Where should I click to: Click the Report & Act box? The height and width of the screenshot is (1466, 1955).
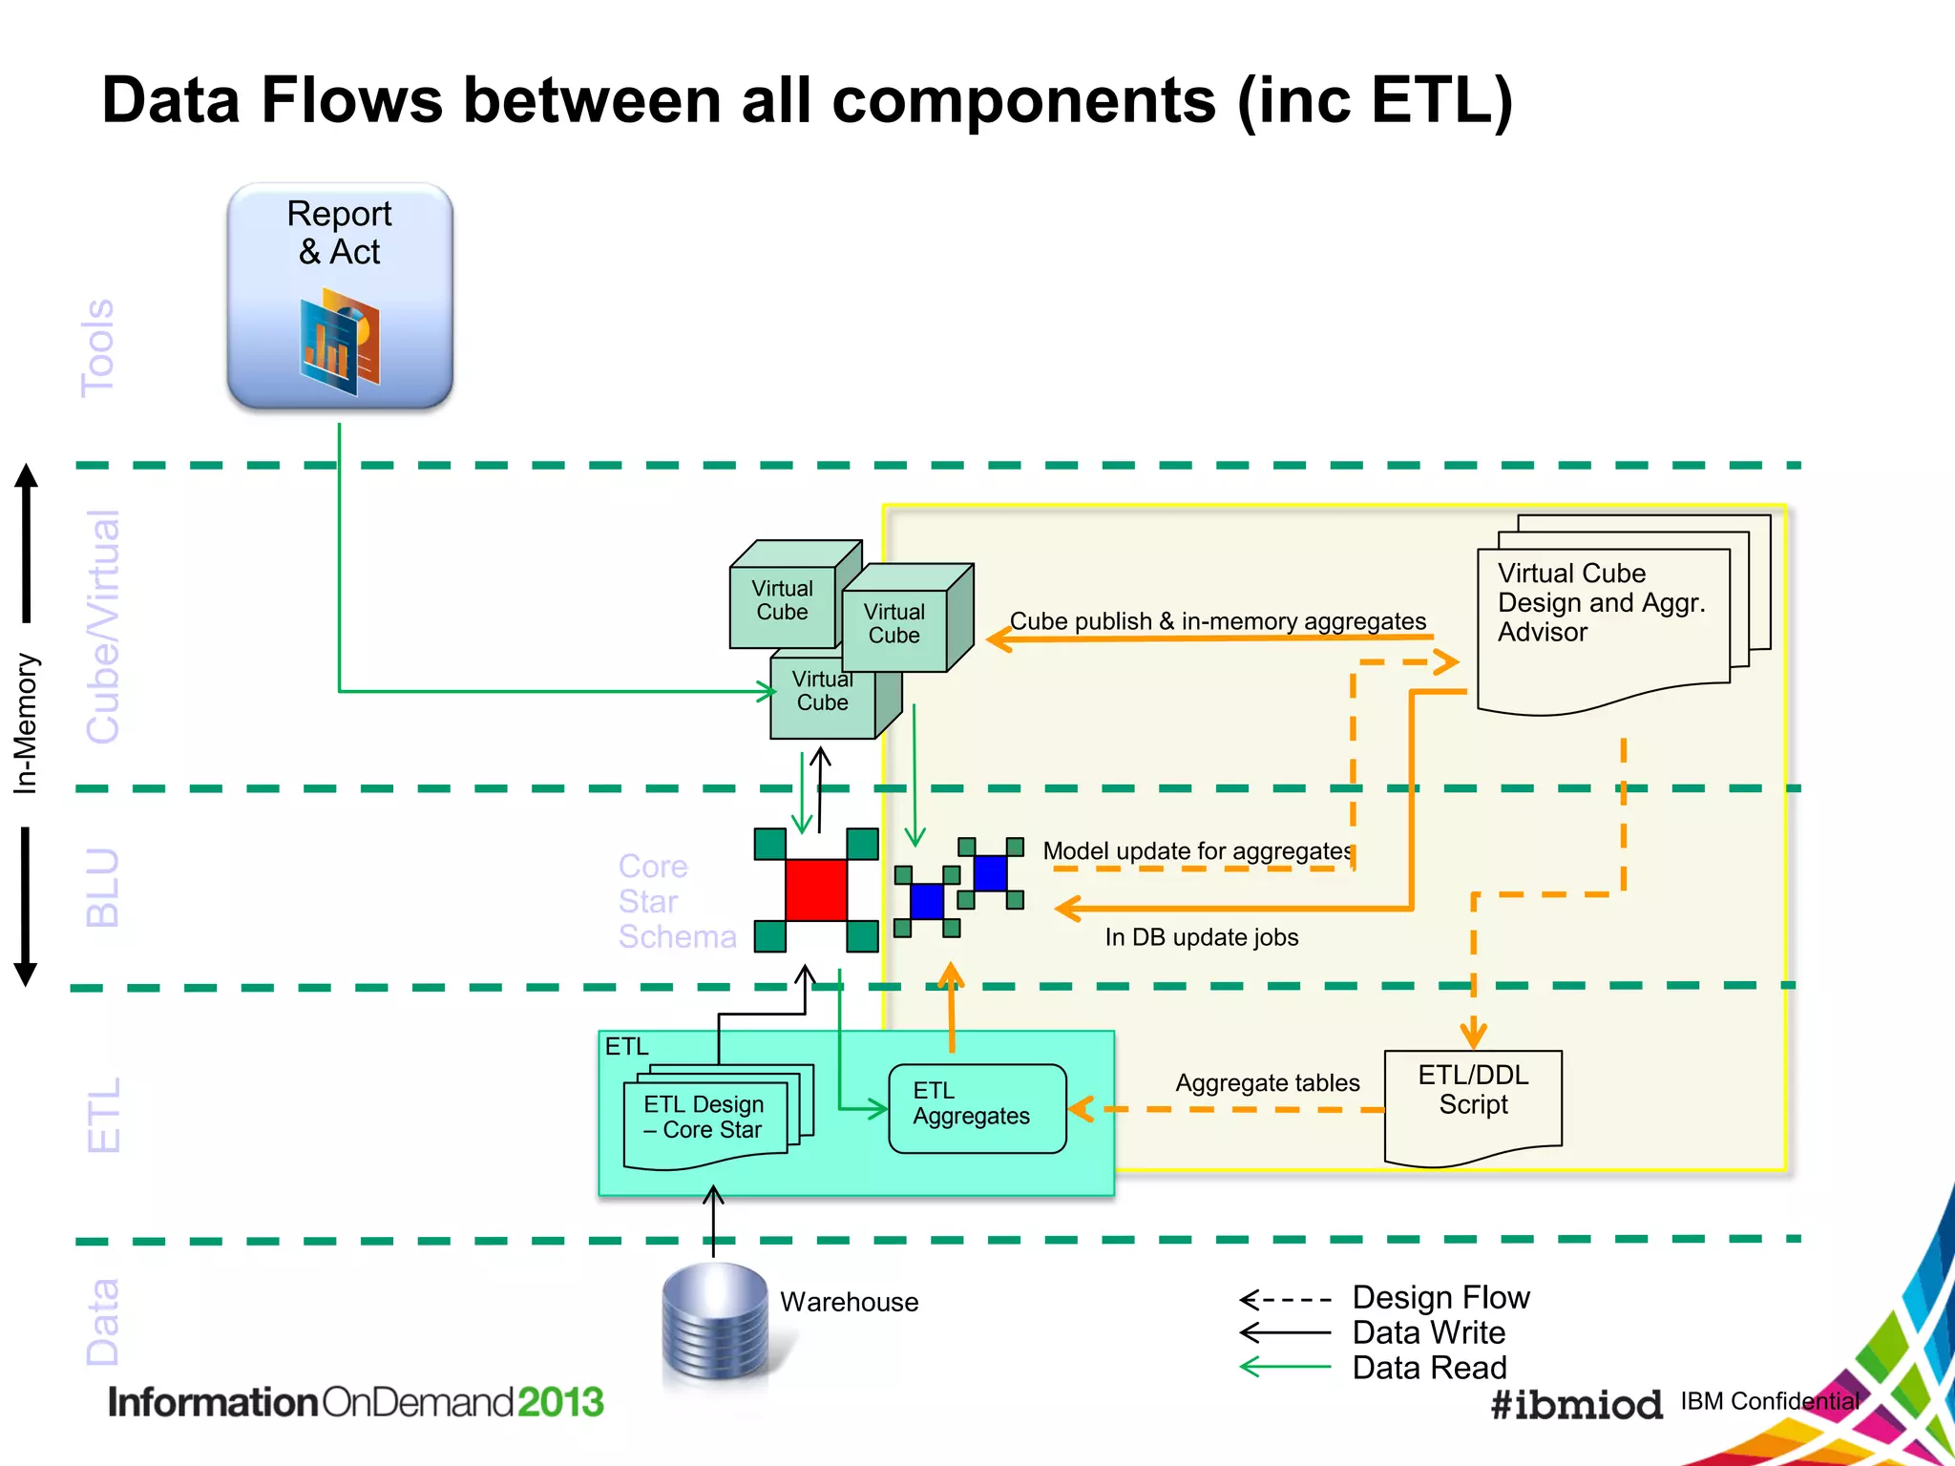pos(340,296)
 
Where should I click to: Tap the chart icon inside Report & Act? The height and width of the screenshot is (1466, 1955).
pos(340,344)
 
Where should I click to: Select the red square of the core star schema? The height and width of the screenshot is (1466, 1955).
pos(816,890)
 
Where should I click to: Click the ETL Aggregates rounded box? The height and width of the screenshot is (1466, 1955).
pos(977,1108)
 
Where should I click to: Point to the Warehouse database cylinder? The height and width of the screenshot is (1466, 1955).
pos(715,1321)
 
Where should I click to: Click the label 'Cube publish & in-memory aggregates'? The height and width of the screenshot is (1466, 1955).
pos(1218,621)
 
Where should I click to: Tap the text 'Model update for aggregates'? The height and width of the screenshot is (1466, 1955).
pos(1197,850)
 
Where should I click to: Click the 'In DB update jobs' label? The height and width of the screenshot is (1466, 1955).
pos(1201,937)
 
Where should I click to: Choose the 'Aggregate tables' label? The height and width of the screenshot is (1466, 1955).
pos(1267,1083)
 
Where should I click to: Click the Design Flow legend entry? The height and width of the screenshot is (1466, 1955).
pos(1440,1298)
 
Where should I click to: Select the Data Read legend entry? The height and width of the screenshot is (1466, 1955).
pos(1429,1368)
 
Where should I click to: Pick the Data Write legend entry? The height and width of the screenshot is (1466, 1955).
pos(1428,1332)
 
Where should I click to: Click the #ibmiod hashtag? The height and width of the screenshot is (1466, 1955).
pos(1576,1404)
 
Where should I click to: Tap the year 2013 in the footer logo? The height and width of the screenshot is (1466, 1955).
pos(560,1402)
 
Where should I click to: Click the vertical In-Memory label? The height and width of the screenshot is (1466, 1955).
pos(26,723)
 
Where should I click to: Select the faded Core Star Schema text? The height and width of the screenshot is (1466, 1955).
pos(676,902)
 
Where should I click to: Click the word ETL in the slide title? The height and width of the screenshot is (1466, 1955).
pos(1429,99)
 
